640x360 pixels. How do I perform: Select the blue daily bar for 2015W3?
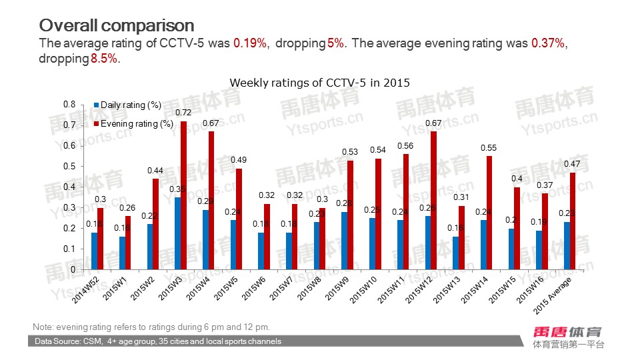click(177, 233)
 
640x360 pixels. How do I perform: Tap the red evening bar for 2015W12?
click(434, 200)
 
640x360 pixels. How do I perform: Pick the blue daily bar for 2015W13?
click(455, 253)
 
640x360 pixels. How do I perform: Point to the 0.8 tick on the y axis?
click(69, 105)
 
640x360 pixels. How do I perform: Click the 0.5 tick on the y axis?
click(69, 167)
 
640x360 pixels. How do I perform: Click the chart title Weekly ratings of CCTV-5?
click(319, 83)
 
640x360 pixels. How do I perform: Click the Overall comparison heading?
click(117, 25)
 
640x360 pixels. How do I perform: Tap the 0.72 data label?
click(183, 113)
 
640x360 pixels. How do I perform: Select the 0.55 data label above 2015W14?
click(489, 147)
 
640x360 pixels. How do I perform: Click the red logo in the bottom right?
click(568, 331)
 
